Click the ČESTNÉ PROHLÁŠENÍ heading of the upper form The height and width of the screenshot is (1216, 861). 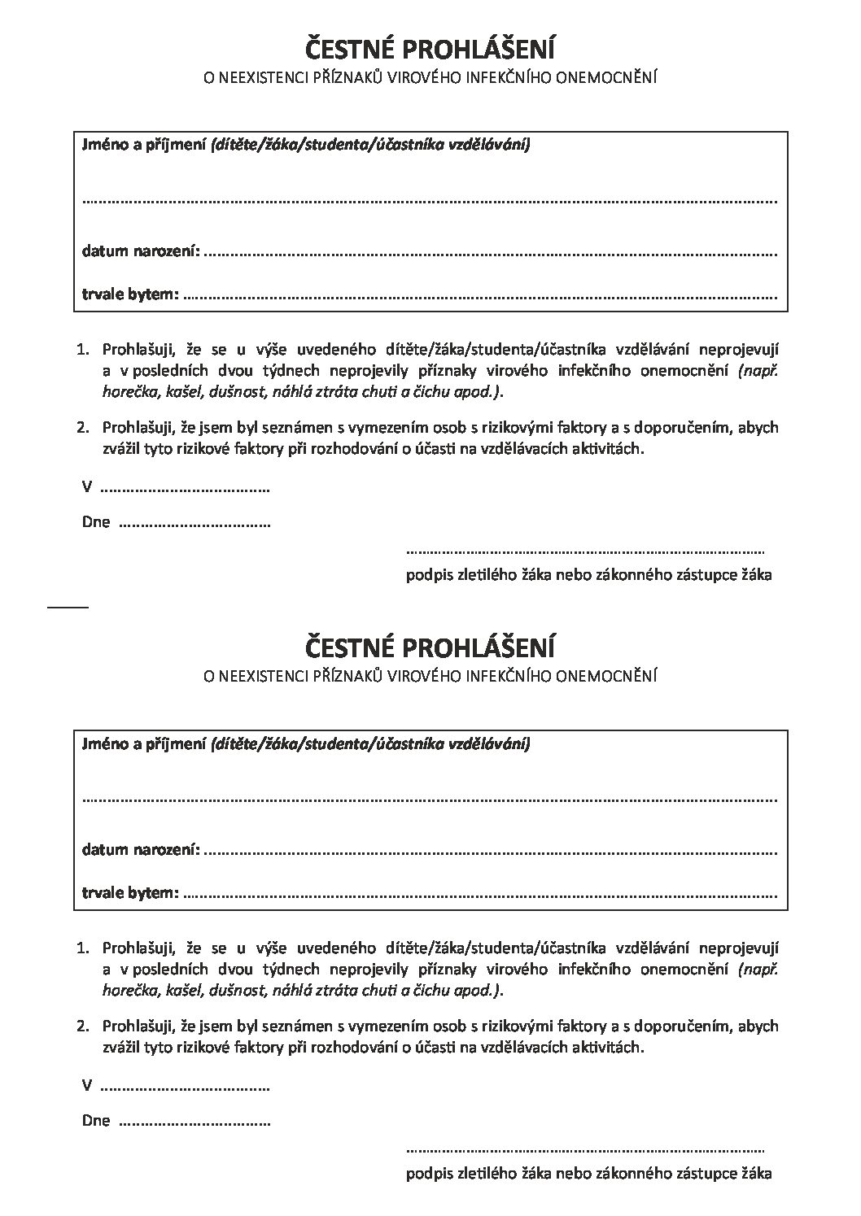coord(430,50)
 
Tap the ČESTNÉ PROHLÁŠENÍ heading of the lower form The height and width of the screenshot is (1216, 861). coord(430,648)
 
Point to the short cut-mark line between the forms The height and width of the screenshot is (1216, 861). coord(68,607)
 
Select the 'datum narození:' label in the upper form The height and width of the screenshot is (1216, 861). coord(140,251)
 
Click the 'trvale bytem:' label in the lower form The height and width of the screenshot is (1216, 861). coord(129,893)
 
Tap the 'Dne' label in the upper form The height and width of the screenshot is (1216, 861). coord(96,522)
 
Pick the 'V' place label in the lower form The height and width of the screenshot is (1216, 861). coord(86,1086)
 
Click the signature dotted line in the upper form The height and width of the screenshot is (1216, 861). coord(584,551)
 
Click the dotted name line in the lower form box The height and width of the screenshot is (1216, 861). coord(430,799)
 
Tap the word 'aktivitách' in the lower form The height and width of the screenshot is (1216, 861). coord(610,1048)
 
